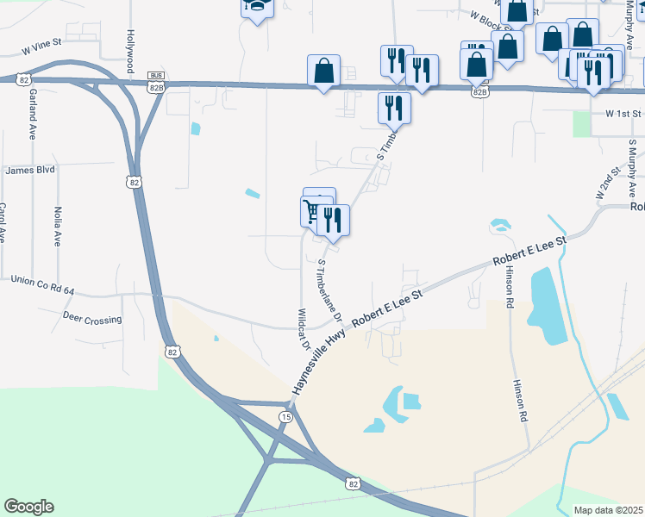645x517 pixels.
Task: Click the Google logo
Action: point(28,507)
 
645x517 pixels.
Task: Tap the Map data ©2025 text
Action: point(607,510)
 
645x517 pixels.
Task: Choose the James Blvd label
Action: point(29,171)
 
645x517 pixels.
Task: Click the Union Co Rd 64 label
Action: point(44,279)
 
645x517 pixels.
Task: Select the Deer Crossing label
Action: point(92,319)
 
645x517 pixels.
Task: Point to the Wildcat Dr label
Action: point(304,328)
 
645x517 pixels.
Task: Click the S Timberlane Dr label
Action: point(330,291)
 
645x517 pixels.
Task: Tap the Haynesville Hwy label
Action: point(319,360)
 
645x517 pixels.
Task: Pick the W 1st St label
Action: point(623,114)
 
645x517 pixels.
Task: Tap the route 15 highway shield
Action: point(285,416)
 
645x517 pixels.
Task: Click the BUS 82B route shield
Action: point(155,81)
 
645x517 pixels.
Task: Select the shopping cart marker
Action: point(312,210)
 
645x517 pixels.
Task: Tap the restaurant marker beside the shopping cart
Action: point(333,221)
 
